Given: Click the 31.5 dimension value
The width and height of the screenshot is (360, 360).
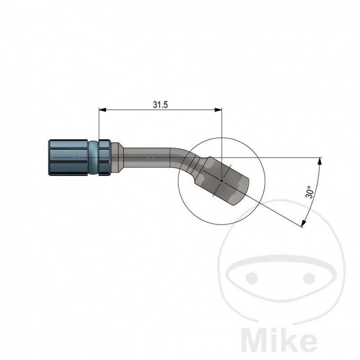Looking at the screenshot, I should tap(160, 105).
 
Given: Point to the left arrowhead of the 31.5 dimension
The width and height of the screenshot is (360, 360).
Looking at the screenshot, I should tap(102, 109).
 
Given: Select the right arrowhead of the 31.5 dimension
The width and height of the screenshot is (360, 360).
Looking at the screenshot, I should tap(219, 109).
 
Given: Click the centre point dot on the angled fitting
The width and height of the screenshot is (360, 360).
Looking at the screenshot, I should tap(221, 181).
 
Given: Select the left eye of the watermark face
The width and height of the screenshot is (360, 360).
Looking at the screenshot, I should tap(252, 276).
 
